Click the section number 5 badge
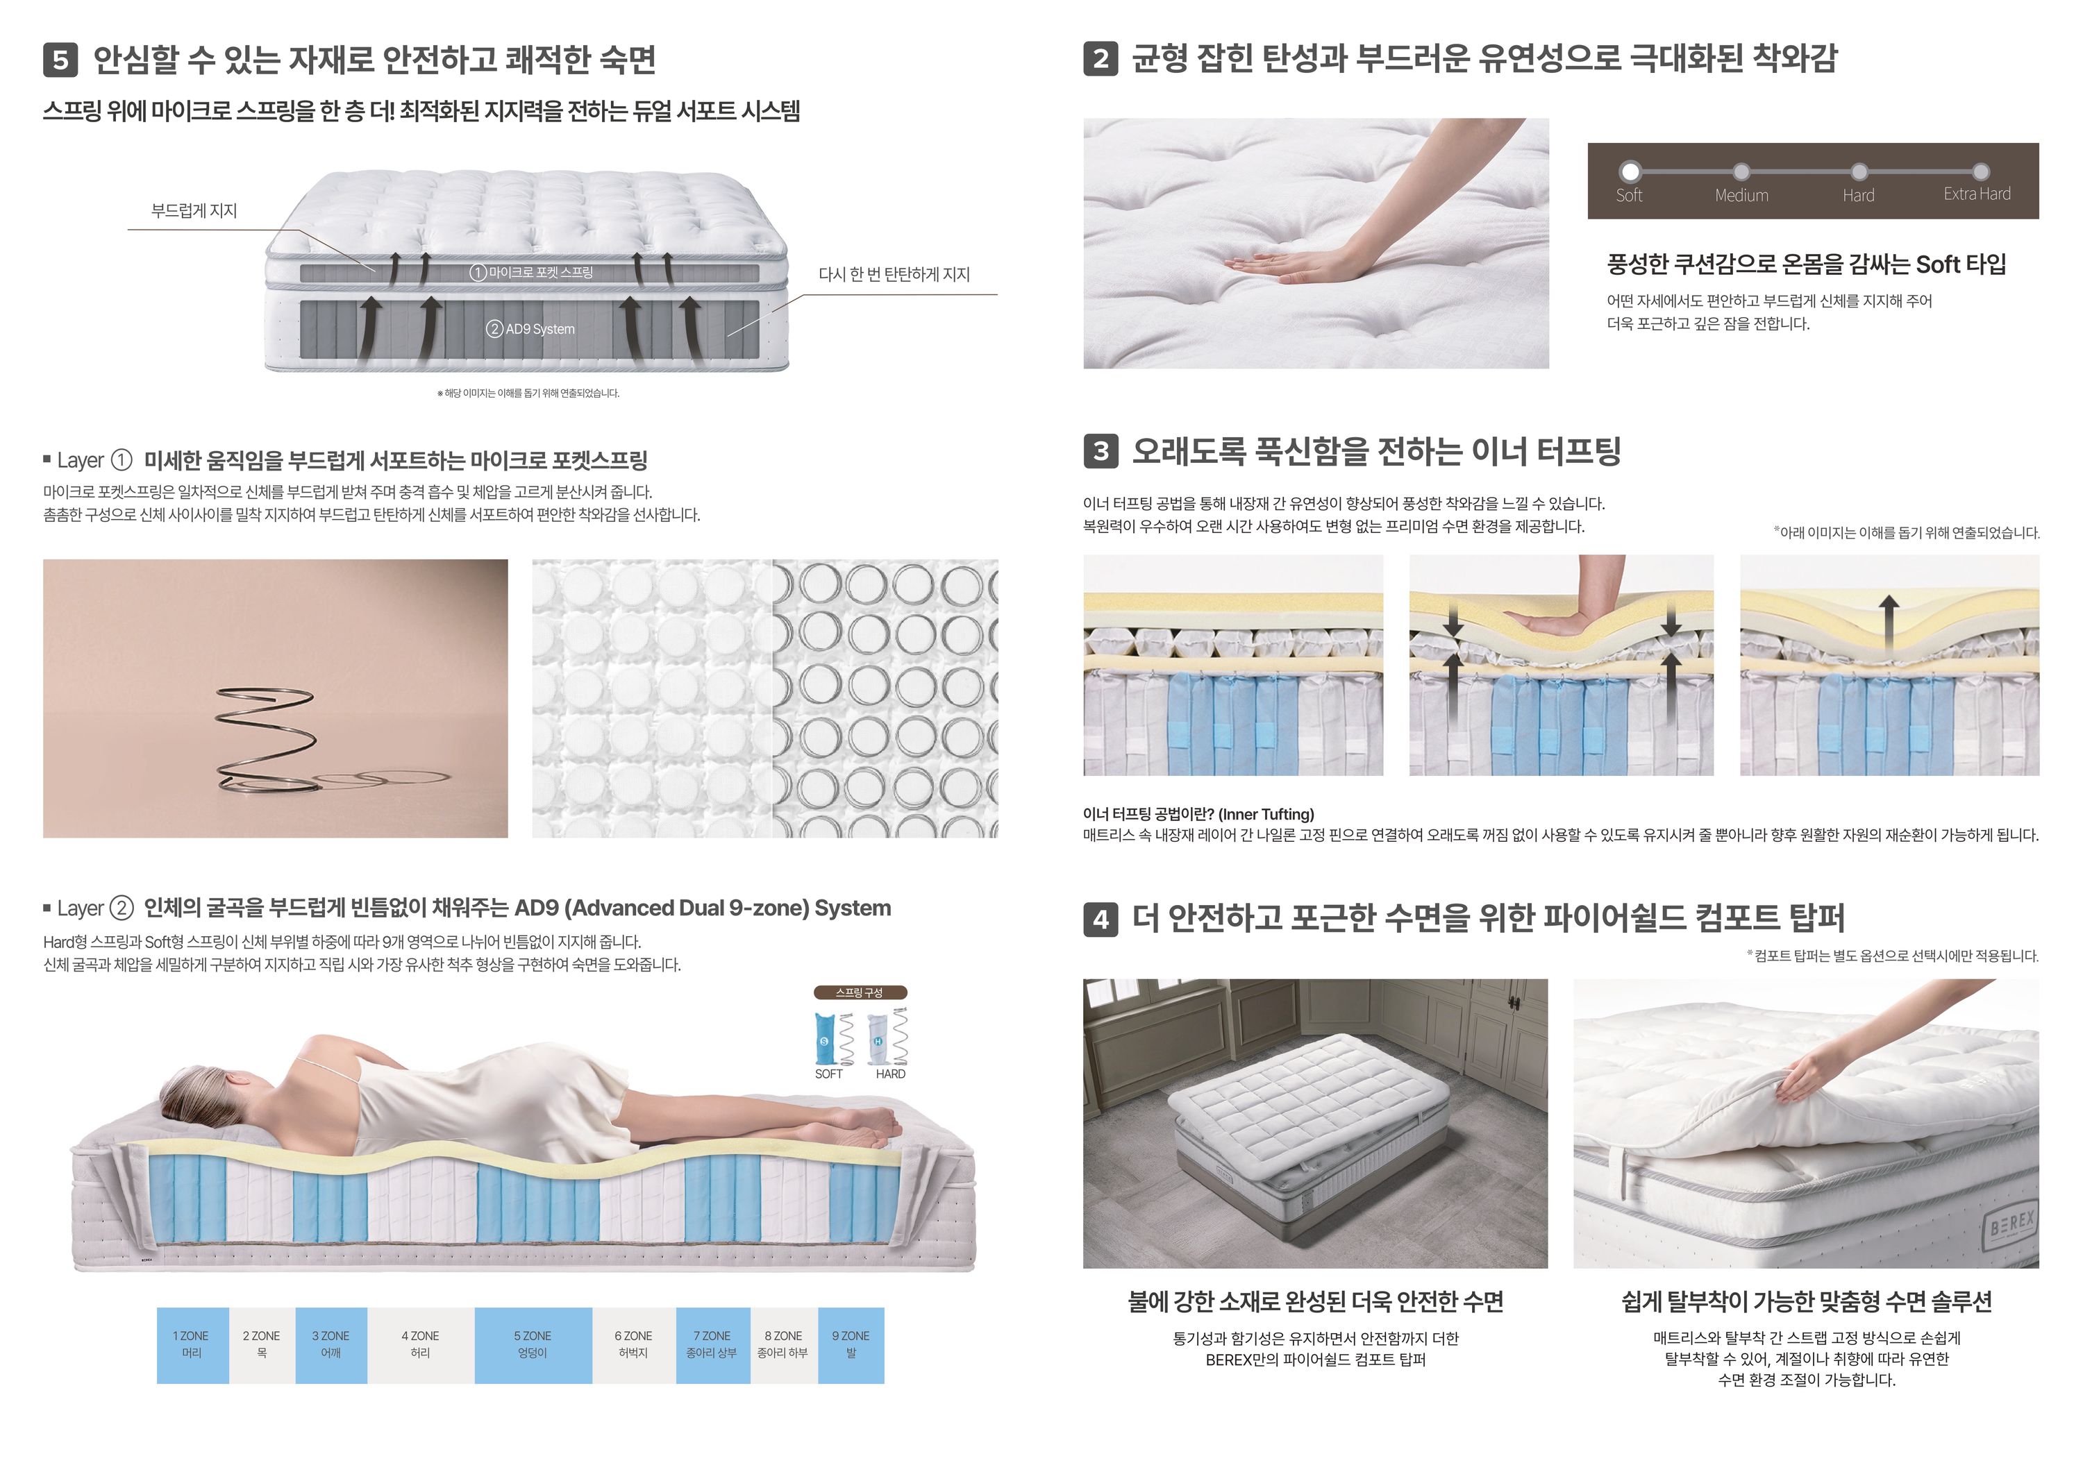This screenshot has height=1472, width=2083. [x=60, y=60]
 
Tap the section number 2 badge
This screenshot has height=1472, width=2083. [x=1101, y=59]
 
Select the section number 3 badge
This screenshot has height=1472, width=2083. [x=1101, y=450]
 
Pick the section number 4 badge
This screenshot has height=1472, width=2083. [x=1101, y=920]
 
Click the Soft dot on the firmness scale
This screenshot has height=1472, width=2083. [x=1630, y=171]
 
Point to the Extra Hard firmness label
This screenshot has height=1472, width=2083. [x=1977, y=194]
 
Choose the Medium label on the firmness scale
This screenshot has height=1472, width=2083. [x=1741, y=195]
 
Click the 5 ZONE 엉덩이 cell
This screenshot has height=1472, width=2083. [x=533, y=1345]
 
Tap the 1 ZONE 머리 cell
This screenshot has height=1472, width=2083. [x=192, y=1345]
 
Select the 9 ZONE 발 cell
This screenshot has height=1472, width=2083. [x=851, y=1345]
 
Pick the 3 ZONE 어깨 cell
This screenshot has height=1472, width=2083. [x=331, y=1345]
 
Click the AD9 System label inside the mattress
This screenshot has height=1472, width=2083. [x=530, y=329]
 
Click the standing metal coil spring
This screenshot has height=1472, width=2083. [x=265, y=737]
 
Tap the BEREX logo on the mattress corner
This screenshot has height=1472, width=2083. [x=2011, y=1226]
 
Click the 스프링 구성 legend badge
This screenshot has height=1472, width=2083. [x=859, y=993]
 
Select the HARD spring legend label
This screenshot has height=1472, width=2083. [x=890, y=1074]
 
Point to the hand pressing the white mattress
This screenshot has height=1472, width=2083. [x=1288, y=263]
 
